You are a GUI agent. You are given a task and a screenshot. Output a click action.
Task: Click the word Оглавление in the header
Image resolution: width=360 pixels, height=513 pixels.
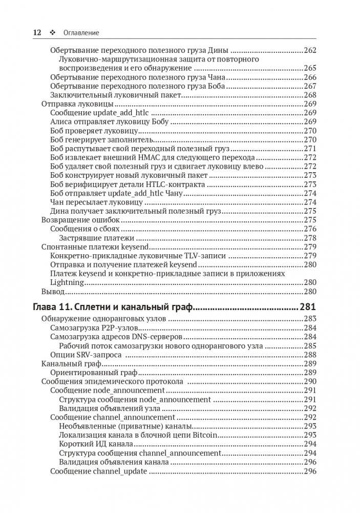click(x=81, y=33)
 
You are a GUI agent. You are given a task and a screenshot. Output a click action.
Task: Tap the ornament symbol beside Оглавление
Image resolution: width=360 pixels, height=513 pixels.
click(x=52, y=33)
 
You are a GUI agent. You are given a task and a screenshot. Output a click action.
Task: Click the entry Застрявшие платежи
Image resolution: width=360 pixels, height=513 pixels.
click(x=96, y=238)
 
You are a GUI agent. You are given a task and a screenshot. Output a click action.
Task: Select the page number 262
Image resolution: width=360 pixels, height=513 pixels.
click(x=310, y=50)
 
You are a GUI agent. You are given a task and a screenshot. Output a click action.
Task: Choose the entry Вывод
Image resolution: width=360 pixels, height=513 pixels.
click(x=53, y=291)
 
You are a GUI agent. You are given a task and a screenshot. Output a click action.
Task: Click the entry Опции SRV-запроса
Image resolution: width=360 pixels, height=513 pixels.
click(x=86, y=355)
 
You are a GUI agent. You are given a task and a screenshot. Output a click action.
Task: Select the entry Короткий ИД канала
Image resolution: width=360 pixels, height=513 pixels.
click(x=96, y=444)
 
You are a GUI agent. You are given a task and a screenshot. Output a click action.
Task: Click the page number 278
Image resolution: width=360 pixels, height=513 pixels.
click(x=310, y=238)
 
